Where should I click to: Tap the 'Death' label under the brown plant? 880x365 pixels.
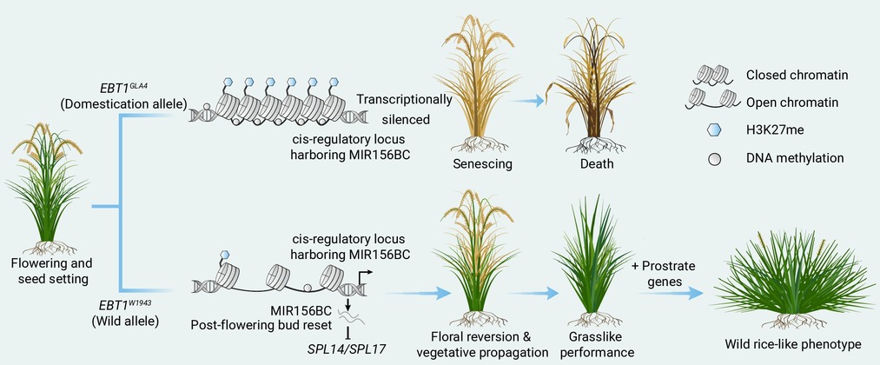597,164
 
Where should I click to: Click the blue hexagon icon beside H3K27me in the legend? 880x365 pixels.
712,130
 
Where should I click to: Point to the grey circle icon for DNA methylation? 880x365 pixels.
714,159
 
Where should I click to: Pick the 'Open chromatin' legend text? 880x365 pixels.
792,103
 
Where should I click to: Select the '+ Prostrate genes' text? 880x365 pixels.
664,273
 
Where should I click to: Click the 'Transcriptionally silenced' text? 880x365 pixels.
405,109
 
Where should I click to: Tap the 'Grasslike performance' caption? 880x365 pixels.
597,344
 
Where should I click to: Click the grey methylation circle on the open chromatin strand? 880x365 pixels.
307,288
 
